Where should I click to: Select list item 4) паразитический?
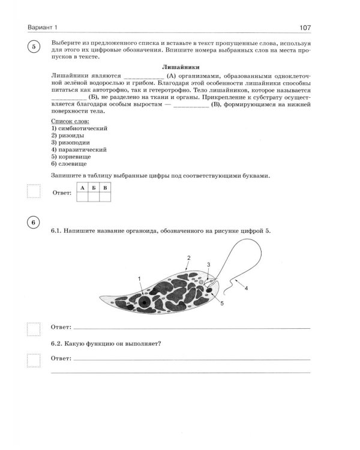[x=79, y=149]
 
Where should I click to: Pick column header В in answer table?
[x=106, y=188]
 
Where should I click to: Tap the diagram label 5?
[x=221, y=304]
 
